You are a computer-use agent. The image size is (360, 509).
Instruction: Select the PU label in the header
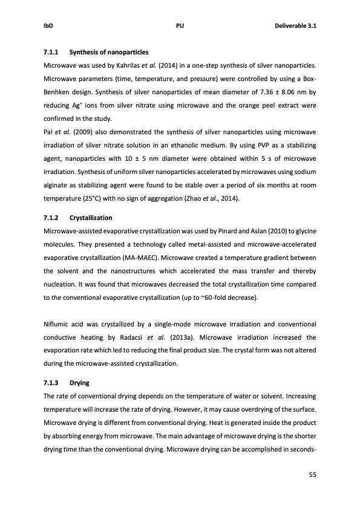click(x=180, y=27)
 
